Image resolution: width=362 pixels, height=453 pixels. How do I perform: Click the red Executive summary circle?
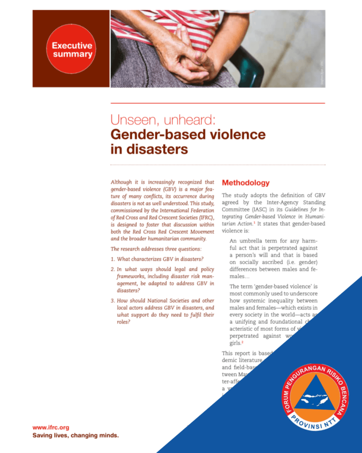71,49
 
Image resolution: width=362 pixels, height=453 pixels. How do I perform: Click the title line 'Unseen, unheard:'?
162,120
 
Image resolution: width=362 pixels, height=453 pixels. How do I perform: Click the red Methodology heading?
245,183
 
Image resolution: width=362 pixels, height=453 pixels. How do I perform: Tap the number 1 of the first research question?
113,259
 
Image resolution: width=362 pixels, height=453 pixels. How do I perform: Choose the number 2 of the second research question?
113,269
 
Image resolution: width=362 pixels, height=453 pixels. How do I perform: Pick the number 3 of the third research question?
113,301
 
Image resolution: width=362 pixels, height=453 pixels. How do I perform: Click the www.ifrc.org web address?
51,427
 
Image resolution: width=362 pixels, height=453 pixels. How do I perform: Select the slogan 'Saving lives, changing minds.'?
76,435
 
